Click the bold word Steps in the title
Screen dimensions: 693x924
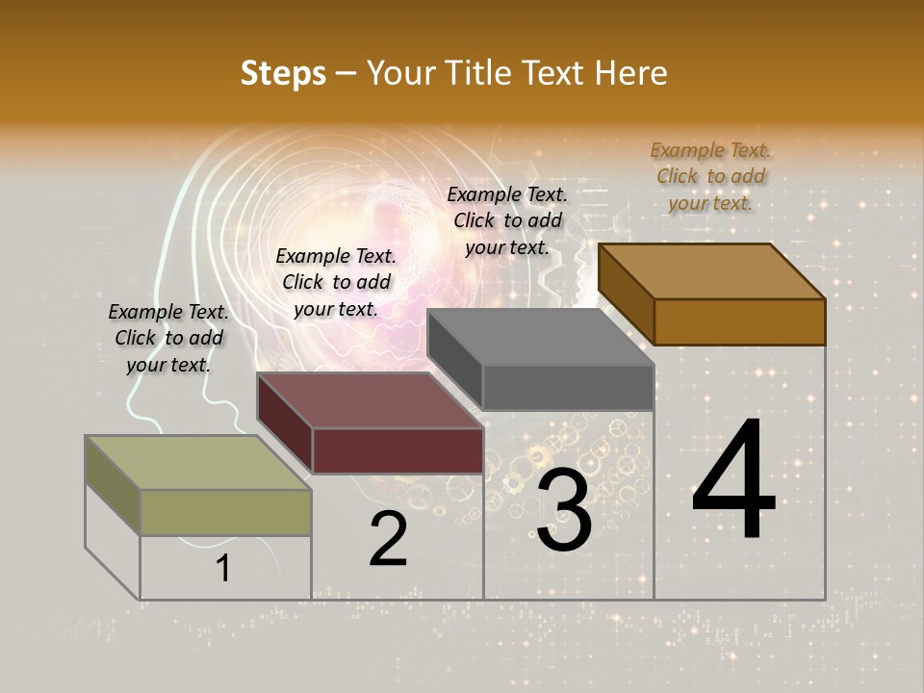click(x=283, y=74)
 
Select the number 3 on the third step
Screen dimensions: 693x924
click(x=563, y=510)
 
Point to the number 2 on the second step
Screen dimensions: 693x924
click(x=388, y=539)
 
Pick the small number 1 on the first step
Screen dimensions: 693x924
click(x=222, y=569)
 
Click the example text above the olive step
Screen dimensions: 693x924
click(x=168, y=338)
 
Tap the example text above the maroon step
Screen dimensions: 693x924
click(x=336, y=282)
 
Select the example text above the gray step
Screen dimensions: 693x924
click(x=507, y=220)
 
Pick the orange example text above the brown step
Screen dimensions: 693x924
click(x=711, y=176)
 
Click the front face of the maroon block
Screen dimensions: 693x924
click(x=398, y=450)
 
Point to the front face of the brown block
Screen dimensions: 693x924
click(x=739, y=321)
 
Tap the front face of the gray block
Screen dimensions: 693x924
click(x=568, y=387)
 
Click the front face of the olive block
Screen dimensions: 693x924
click(x=225, y=512)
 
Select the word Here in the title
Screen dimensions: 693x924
click(x=632, y=74)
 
